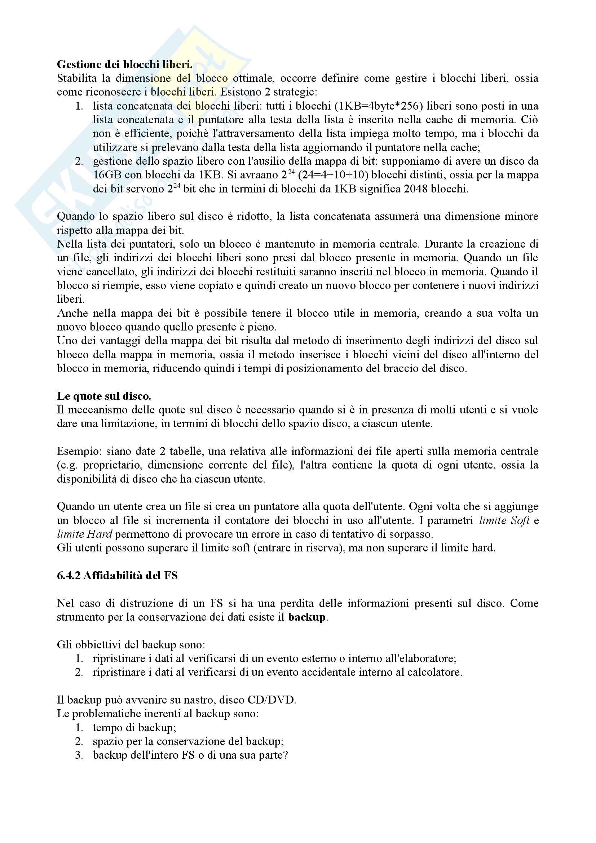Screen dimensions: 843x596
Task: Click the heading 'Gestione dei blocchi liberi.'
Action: pos(124,65)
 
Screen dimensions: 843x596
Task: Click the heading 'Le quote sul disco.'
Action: pos(104,396)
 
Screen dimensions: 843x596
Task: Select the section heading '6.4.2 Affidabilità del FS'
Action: pos(117,575)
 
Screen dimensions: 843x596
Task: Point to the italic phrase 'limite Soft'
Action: pos(504,521)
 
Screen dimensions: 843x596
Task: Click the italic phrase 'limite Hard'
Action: pos(84,534)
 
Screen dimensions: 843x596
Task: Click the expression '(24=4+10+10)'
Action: pos(333,175)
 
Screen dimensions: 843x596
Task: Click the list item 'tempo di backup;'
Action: pos(134,728)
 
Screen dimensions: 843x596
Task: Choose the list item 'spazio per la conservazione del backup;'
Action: pos(188,741)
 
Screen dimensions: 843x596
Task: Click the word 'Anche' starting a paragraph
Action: pos(72,313)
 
